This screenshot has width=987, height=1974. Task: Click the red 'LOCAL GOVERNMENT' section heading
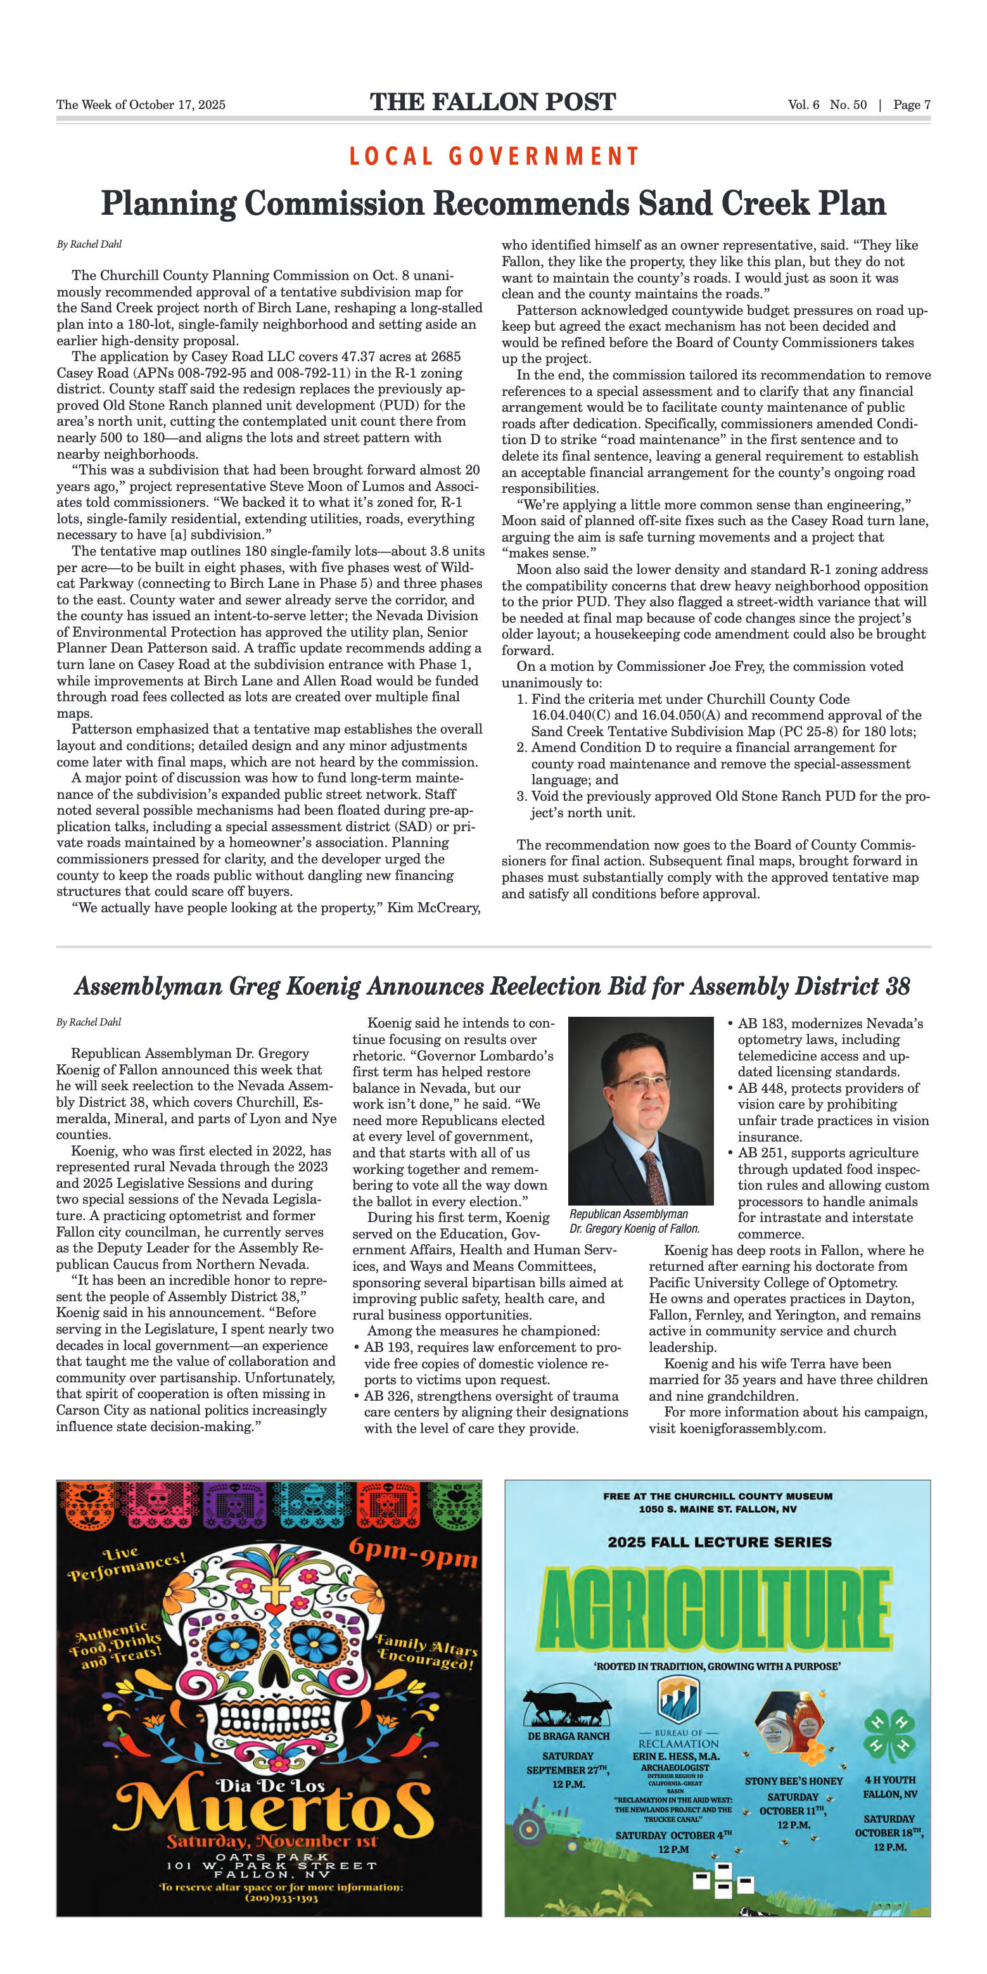click(493, 156)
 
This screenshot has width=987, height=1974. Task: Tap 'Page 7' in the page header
click(911, 105)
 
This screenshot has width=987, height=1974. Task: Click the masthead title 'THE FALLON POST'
click(493, 102)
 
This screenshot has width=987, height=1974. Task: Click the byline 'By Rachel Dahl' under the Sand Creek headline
click(89, 245)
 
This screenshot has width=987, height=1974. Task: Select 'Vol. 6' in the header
click(803, 105)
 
